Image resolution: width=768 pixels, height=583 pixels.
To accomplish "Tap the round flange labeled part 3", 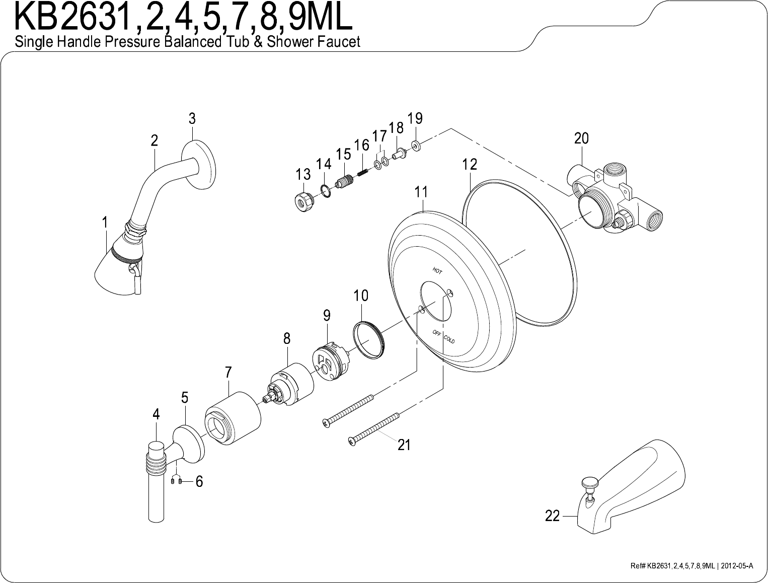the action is [x=199, y=165].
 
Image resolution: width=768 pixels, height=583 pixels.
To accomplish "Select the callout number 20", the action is [x=581, y=138].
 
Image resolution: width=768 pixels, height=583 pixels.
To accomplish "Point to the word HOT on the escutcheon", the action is [x=437, y=270].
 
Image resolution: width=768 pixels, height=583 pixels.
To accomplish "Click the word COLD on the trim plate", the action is [x=449, y=339].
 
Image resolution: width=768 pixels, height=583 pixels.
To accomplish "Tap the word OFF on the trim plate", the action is [x=437, y=333].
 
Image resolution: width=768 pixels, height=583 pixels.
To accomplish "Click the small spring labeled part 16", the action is [x=362, y=172].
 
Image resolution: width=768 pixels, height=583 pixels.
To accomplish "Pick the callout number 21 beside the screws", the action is [x=404, y=445].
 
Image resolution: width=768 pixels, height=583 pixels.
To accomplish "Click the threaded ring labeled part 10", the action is [x=368, y=340].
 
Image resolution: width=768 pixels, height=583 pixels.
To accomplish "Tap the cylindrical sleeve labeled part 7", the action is [x=233, y=418].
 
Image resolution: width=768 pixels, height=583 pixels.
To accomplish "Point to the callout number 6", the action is [x=199, y=482].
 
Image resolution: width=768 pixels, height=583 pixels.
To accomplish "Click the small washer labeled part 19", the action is [x=416, y=145].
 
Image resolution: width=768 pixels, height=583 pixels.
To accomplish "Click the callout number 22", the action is [x=553, y=516].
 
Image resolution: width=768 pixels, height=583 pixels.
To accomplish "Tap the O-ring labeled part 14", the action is [x=326, y=191].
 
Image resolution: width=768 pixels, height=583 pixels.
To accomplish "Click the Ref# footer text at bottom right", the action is [x=692, y=566].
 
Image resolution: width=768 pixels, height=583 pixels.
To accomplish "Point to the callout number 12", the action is [x=470, y=165].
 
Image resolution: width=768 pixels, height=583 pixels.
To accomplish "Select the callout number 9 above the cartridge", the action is [x=327, y=316].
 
